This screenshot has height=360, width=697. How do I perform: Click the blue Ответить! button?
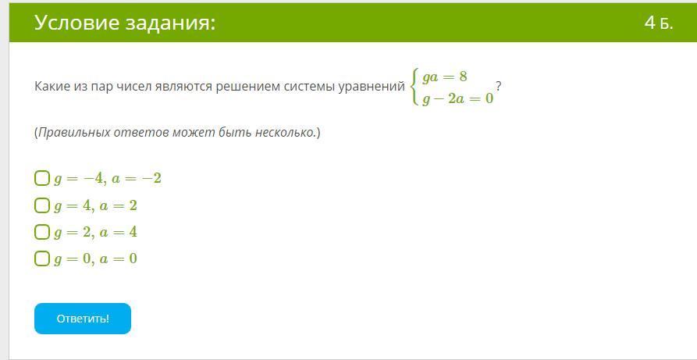click(83, 319)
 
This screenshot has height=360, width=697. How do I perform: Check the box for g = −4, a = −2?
click(42, 179)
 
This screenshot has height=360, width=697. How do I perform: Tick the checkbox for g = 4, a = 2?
click(42, 205)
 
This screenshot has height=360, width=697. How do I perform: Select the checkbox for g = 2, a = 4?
click(42, 232)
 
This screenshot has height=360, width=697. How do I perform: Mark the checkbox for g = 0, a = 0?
click(42, 258)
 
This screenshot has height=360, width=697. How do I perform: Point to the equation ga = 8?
click(445, 77)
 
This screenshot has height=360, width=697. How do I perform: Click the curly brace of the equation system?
click(415, 87)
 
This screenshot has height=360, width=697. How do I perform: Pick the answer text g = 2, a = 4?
click(95, 232)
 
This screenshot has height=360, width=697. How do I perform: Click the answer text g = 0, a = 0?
click(95, 259)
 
